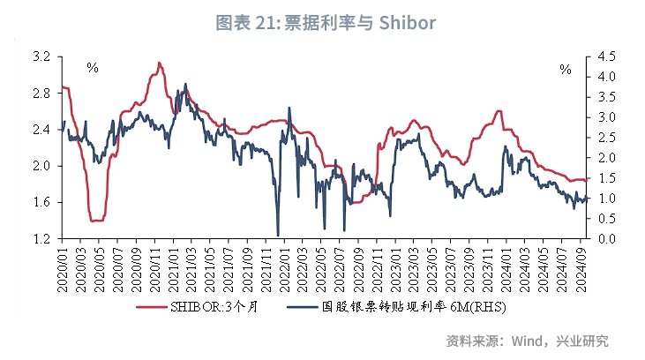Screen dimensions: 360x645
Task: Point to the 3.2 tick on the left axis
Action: [41, 56]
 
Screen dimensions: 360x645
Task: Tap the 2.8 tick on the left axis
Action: [41, 93]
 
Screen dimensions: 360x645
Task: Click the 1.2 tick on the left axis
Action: [41, 239]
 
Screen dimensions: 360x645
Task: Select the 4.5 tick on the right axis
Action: [605, 56]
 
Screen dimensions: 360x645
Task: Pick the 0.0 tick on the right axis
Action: [605, 239]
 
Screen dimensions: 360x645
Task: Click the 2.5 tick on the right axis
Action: [605, 138]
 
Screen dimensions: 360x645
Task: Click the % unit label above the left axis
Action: [92, 68]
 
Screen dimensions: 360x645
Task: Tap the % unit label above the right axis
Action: [566, 68]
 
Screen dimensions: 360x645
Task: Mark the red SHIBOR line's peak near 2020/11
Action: [159, 63]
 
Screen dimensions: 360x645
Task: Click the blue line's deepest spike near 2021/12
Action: [278, 235]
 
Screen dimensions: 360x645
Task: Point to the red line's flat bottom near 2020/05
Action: [97, 220]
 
